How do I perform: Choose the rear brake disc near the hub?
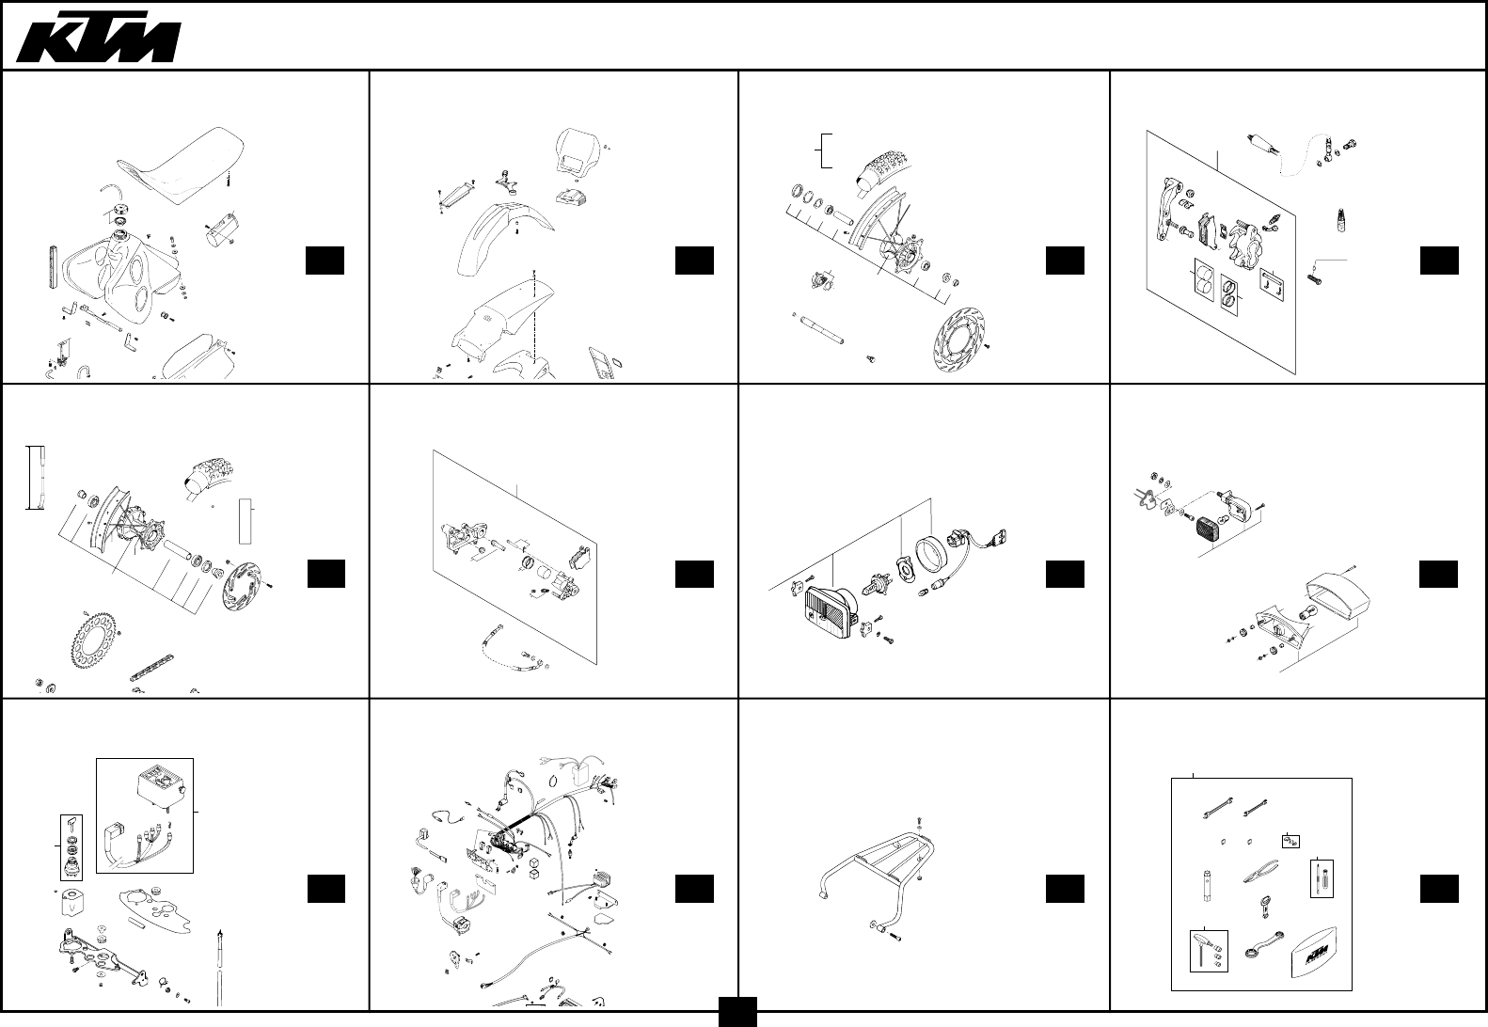pyautogui.click(x=246, y=587)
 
